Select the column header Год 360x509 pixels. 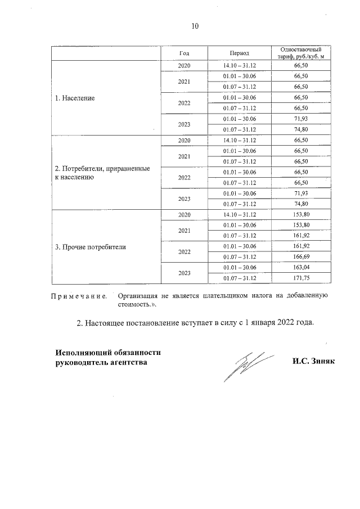point(184,52)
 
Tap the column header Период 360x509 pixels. point(239,52)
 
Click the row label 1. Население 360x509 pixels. point(75,98)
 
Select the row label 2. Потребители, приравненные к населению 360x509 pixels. point(102,172)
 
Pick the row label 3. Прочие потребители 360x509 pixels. point(90,246)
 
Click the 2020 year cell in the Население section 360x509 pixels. point(184,66)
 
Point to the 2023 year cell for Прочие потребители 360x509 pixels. point(184,273)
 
